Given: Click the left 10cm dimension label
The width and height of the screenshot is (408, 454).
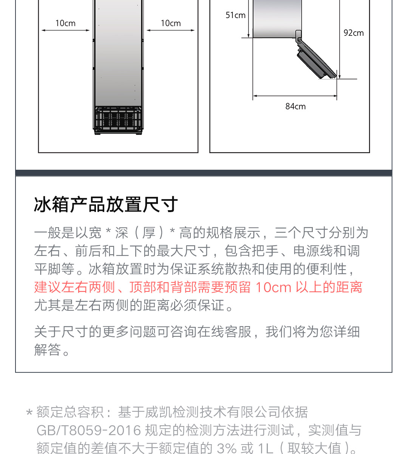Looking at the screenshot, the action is coord(65,23).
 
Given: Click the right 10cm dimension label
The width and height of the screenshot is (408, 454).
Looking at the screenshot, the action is coord(171,23).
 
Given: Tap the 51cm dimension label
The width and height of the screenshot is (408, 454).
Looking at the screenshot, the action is coord(236,15).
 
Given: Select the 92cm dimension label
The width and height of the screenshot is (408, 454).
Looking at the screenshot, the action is coord(354,33).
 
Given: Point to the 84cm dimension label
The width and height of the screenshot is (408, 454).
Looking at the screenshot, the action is coord(295,106).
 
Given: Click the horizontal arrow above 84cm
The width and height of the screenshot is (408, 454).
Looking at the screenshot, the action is coord(295,96).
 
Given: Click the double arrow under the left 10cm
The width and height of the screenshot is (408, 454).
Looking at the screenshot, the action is coord(66,30).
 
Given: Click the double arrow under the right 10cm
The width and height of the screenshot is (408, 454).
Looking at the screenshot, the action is coord(171,30).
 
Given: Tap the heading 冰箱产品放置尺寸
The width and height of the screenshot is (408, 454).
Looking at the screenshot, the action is coord(106,205).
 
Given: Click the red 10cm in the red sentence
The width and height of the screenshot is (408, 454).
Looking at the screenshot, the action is coord(274,287).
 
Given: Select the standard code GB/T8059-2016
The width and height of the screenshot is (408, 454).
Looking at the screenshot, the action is coord(89,430).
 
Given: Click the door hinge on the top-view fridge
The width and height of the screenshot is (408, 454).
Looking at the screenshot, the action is coord(298,36).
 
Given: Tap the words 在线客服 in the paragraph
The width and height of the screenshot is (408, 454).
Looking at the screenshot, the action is coord(224,332).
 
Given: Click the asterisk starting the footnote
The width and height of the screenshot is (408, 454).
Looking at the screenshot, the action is coord(29,412).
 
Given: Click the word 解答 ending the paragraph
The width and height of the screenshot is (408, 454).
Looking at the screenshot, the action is coord(48,350).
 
